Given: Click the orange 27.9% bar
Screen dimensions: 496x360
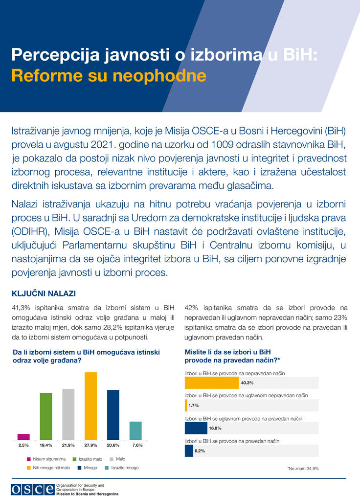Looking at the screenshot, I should click(x=91, y=406).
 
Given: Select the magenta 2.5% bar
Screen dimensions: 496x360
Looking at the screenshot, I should click(x=23, y=437).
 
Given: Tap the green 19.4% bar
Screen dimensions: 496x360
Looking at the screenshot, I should click(x=46, y=416).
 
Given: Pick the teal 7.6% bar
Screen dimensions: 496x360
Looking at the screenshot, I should click(x=135, y=430).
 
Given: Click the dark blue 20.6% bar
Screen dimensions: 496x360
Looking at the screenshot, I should click(x=113, y=415).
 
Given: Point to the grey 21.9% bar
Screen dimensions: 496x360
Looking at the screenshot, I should click(x=68, y=414).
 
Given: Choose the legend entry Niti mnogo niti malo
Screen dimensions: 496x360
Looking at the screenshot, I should click(x=51, y=468).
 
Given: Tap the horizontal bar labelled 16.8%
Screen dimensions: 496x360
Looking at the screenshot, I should click(x=196, y=428).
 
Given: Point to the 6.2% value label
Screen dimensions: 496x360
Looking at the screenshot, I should click(x=200, y=451).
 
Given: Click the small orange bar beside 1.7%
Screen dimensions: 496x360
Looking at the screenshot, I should click(x=186, y=405).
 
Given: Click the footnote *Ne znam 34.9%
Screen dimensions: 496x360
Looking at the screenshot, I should click(x=303, y=468).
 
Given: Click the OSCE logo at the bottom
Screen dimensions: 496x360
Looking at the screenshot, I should click(x=33, y=489).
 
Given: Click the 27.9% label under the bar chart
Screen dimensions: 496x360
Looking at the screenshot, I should click(x=90, y=445).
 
